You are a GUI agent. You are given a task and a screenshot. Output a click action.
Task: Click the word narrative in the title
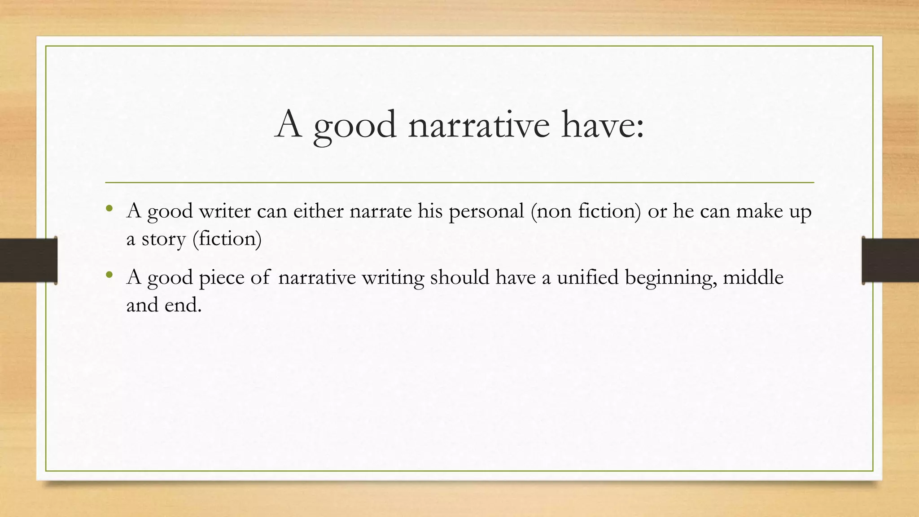coord(479,125)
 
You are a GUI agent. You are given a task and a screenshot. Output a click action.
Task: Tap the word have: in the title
coord(603,125)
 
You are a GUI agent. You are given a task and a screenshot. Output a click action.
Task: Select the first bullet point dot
coord(109,208)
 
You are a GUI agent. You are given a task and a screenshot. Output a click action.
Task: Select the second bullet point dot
coord(109,275)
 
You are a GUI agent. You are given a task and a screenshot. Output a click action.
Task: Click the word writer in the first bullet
coord(225,211)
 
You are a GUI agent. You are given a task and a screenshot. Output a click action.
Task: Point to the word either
coord(318,211)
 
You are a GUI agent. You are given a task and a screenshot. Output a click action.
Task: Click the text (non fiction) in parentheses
coord(586,211)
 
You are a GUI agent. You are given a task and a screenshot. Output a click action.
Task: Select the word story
coord(163,239)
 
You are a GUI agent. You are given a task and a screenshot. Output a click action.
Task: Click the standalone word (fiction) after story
coord(227,239)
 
